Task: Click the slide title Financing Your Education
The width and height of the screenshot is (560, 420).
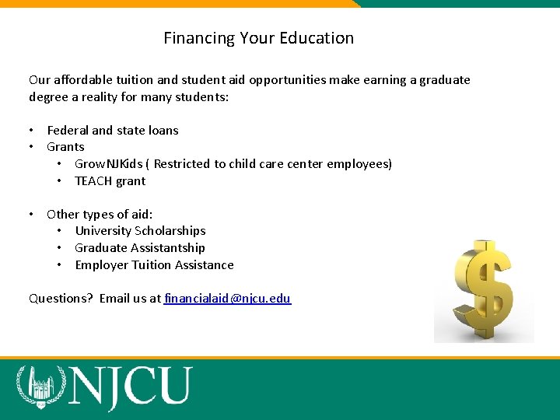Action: tap(258, 38)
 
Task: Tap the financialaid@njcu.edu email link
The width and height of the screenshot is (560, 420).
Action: tap(228, 298)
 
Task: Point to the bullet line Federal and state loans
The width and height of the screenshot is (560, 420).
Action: tap(113, 130)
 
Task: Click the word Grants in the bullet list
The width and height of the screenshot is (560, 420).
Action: tap(65, 147)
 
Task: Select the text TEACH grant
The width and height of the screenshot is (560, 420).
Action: tap(110, 181)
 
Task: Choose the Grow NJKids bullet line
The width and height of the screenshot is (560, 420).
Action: tap(233, 164)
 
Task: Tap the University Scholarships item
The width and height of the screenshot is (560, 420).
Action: tap(140, 231)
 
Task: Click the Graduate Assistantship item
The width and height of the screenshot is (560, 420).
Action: tap(140, 248)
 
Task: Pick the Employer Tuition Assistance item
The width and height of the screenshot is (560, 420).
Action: tap(154, 265)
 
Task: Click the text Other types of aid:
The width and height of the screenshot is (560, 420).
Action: tap(100, 214)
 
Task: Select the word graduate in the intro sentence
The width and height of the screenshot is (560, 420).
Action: tap(445, 80)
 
